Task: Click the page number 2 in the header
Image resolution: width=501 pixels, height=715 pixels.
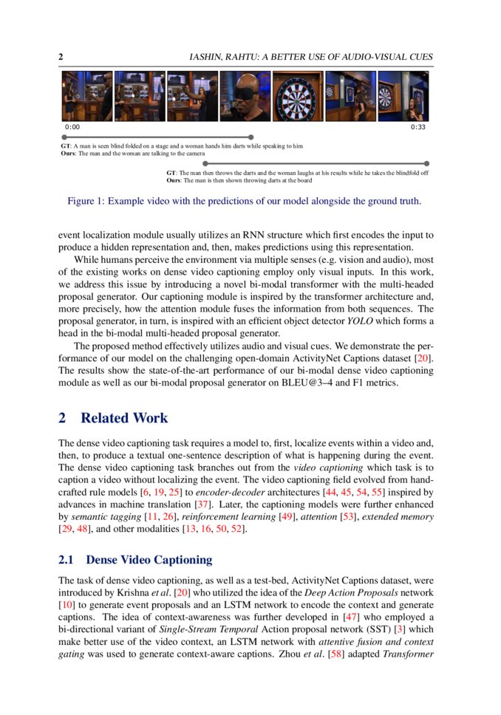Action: [x=61, y=57]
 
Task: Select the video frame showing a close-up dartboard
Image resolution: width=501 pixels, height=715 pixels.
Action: [x=298, y=97]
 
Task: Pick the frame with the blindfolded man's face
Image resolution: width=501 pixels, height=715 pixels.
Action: [x=245, y=97]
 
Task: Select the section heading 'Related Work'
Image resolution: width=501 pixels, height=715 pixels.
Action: [x=124, y=418]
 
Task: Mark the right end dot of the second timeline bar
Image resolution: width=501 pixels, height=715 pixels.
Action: [x=426, y=163]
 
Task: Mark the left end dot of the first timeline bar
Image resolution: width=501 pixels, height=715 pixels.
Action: [x=64, y=137]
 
